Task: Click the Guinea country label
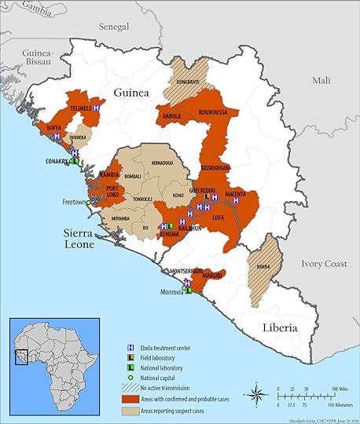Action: point(132,93)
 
